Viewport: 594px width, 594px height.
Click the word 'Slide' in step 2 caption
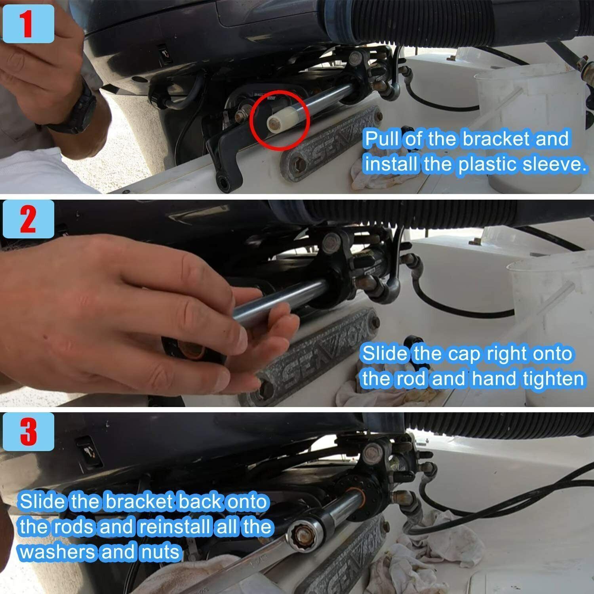(x=384, y=353)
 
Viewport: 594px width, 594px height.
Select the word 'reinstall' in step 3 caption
(x=174, y=527)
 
